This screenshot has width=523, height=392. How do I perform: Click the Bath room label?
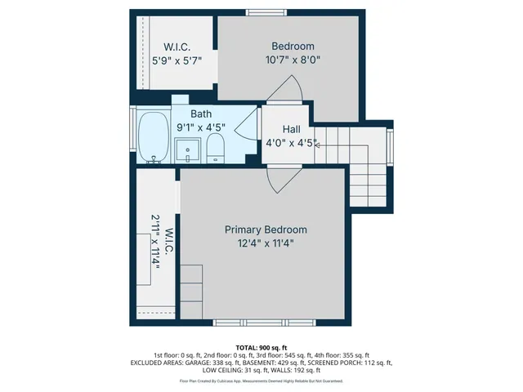[201, 114]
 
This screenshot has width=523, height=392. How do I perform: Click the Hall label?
[291, 130]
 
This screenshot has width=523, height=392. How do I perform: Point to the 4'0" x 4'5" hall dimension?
[288, 144]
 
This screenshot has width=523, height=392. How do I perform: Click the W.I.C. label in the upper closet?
[177, 47]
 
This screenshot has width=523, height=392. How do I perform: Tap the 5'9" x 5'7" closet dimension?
[177, 60]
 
